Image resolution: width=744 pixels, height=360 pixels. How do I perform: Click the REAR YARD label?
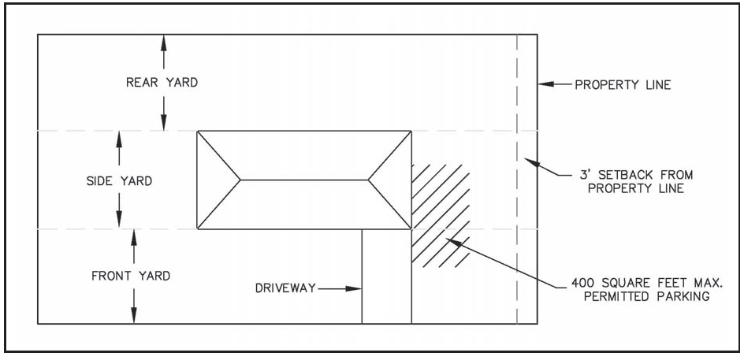pos(162,82)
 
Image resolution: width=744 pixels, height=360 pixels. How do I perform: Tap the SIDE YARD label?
pos(119,181)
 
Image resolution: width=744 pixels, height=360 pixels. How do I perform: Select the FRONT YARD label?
pos(131,276)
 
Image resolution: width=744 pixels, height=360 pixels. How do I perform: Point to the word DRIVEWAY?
pos(285,289)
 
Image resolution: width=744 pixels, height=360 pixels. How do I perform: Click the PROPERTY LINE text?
pos(623,84)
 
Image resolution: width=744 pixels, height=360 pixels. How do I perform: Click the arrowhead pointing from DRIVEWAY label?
pos(355,289)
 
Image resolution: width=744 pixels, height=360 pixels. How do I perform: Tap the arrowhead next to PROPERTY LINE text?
pos(545,84)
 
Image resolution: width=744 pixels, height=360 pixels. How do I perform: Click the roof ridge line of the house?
pos(304,180)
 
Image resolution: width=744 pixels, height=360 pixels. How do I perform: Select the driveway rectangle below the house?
pos(386,276)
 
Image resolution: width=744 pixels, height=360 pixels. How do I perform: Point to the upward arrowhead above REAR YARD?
pos(163,42)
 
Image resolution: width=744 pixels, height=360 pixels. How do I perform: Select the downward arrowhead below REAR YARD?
pos(163,124)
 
